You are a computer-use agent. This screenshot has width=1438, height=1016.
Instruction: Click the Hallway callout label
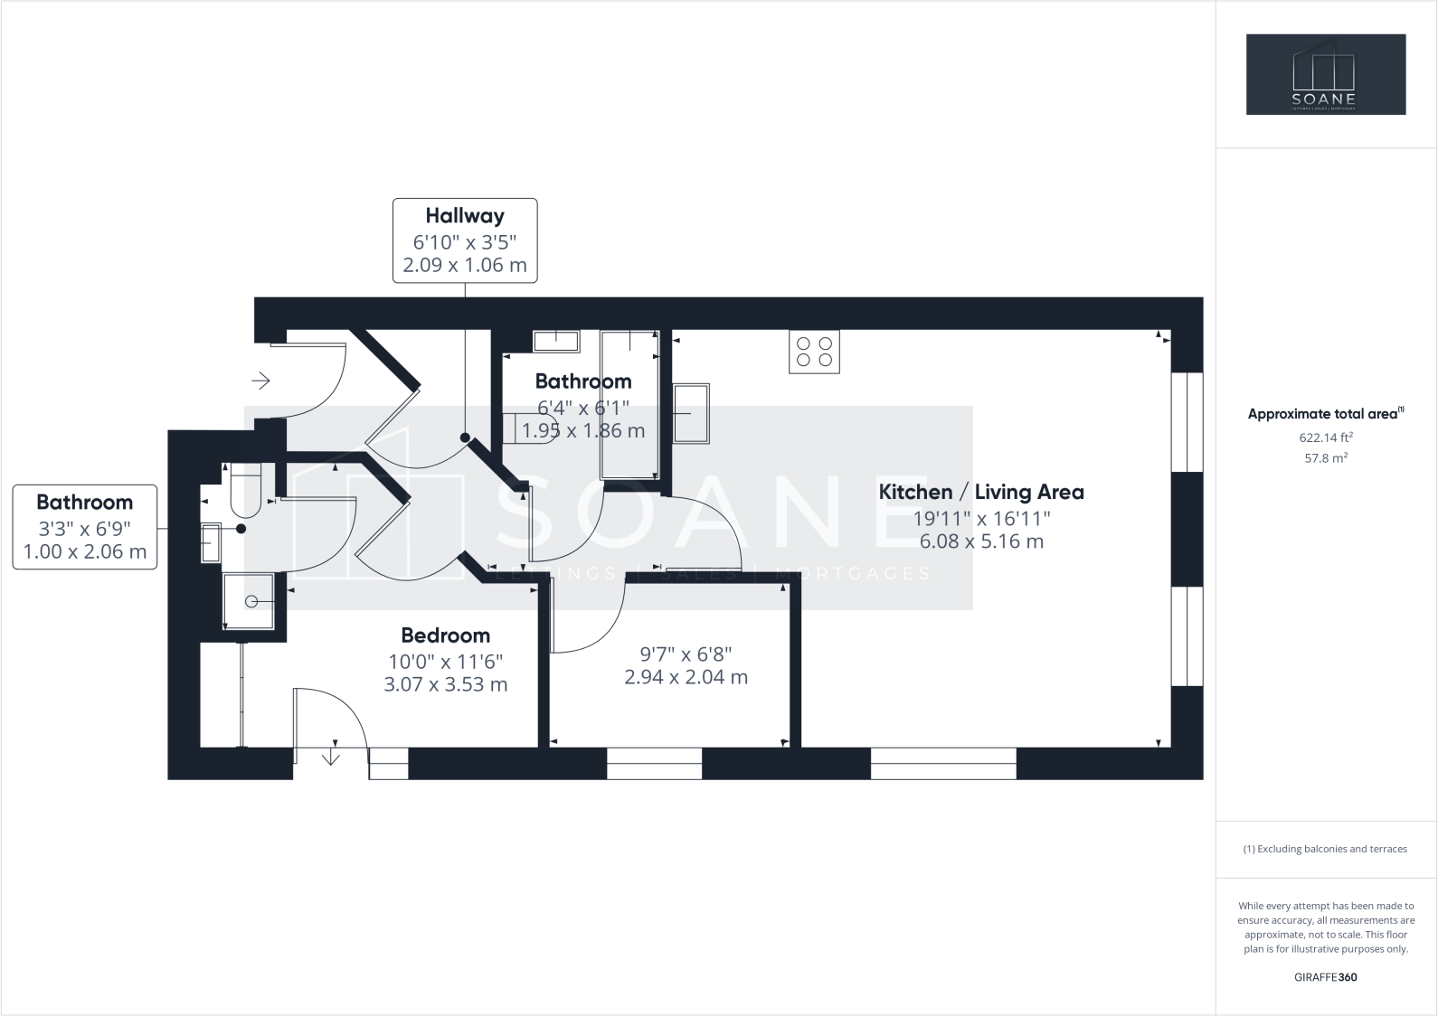coord(465,216)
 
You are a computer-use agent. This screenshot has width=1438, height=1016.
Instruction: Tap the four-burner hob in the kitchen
coord(814,352)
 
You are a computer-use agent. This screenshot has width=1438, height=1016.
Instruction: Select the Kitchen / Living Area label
coord(981,492)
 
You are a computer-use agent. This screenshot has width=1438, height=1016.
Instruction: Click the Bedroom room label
coord(445,635)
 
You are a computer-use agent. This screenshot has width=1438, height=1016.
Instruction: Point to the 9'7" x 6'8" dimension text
coord(686,654)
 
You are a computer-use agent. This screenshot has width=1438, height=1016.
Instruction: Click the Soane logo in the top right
coord(1325,74)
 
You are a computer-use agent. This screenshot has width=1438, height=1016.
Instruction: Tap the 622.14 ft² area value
coord(1325,437)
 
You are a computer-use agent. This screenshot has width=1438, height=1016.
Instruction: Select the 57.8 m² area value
coord(1325,458)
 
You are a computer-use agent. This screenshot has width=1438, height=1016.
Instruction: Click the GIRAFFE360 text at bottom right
coord(1325,977)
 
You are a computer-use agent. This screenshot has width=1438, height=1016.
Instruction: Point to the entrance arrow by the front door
coord(260,381)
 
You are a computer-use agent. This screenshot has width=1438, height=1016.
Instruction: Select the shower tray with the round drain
coord(249,601)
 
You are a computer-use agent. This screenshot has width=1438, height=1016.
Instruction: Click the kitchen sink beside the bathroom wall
coord(690,413)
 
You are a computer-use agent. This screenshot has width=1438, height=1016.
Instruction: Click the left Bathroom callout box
coord(84,527)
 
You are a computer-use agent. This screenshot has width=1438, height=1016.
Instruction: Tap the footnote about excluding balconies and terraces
coord(1325,849)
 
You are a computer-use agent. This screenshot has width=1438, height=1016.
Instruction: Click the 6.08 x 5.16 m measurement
coord(981,541)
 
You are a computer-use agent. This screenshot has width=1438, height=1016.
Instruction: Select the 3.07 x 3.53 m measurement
coord(445,684)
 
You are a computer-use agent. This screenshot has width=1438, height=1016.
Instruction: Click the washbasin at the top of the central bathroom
coord(555,341)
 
